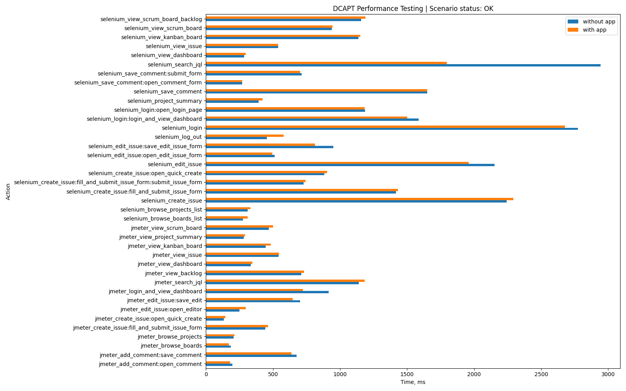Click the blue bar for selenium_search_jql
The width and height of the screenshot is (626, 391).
click(403, 65)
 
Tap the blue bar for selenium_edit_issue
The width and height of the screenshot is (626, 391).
click(350, 165)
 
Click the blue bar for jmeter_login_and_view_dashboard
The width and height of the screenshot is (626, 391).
click(267, 292)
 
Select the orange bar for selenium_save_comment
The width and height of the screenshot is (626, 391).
click(317, 90)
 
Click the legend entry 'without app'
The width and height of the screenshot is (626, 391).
click(599, 22)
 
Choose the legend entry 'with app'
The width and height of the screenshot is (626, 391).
click(594, 30)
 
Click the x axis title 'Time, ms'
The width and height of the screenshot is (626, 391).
click(413, 382)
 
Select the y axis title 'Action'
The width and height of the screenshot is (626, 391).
click(8, 192)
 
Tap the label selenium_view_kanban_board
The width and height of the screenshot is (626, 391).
click(162, 37)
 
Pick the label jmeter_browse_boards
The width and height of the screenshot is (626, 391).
click(171, 346)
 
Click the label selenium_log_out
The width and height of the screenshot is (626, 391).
click(178, 137)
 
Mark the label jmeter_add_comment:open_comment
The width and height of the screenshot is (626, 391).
click(151, 364)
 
